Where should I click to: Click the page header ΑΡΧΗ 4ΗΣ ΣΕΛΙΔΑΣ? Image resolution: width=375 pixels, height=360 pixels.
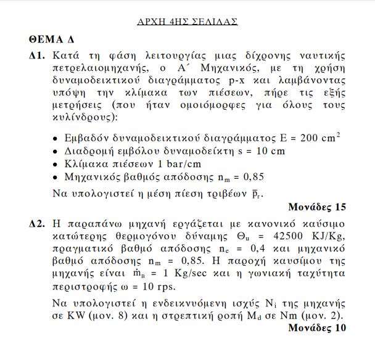coord(187,22)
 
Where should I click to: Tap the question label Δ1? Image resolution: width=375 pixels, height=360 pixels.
coord(37,55)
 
